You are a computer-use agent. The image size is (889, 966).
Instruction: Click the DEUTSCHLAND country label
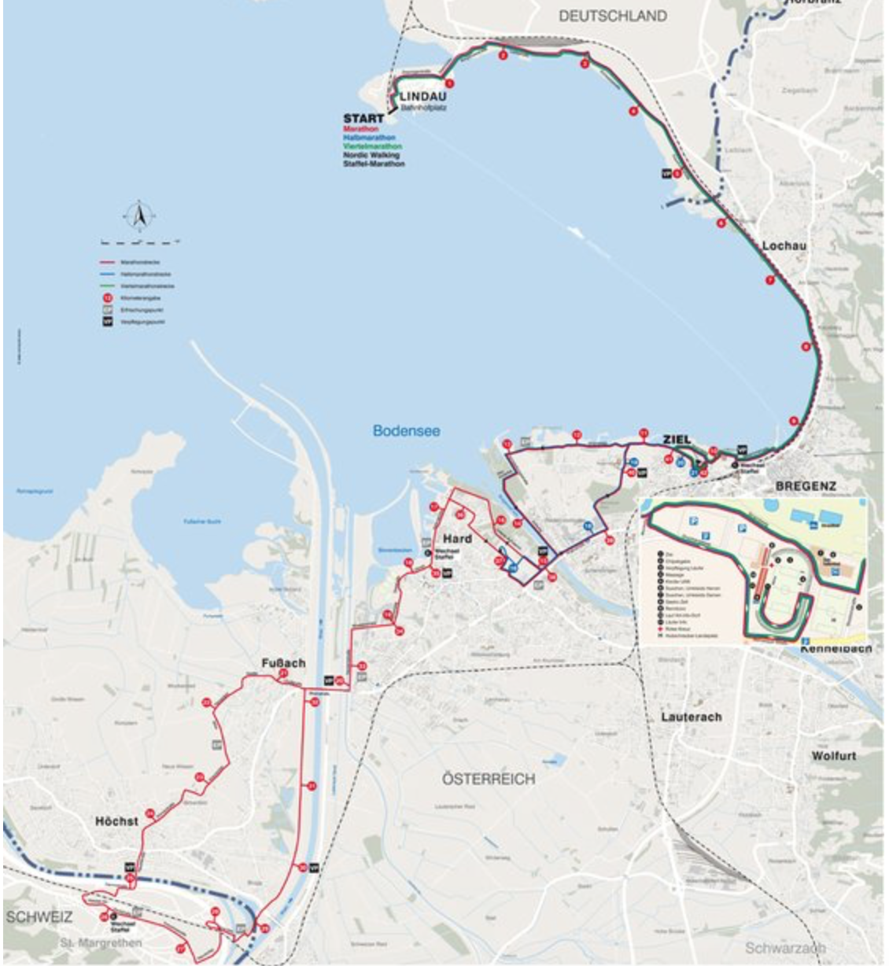point(612,16)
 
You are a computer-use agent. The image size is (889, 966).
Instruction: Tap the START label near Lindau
point(363,119)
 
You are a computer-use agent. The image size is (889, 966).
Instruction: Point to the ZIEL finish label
point(677,439)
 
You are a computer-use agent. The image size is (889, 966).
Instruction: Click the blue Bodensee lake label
point(406,431)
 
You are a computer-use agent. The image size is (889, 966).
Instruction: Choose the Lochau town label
point(784,246)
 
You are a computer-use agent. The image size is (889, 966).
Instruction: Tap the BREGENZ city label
point(805,486)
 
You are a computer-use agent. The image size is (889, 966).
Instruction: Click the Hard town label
point(457,538)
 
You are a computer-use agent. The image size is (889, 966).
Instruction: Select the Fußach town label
point(283,663)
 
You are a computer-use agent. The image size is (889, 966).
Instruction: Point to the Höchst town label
point(116,820)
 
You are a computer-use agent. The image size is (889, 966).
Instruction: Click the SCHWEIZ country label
point(39,917)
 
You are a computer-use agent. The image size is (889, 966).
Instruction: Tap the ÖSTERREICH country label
point(488,779)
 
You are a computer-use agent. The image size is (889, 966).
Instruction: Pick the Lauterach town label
point(691,717)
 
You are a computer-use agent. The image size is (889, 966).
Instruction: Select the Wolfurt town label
point(834,755)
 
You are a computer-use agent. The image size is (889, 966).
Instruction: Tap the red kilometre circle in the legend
point(107,298)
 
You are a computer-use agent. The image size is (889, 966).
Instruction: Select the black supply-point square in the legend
point(107,322)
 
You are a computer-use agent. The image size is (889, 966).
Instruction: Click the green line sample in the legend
point(107,286)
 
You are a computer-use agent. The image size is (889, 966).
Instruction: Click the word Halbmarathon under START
point(369,138)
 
